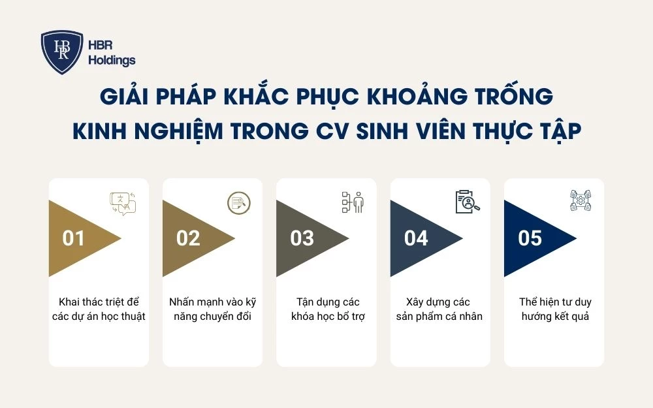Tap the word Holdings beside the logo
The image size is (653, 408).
[x=112, y=61]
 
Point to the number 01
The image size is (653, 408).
[x=74, y=238]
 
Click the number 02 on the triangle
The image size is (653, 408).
[x=188, y=238]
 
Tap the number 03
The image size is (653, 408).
[x=302, y=238]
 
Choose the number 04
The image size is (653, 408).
[x=416, y=238]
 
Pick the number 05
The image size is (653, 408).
[x=530, y=238]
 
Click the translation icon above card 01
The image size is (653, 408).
[x=123, y=203]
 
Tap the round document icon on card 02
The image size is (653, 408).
[x=238, y=202]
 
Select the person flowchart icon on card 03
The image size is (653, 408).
[x=353, y=202]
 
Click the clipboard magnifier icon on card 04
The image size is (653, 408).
[x=466, y=202]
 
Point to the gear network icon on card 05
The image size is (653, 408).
[x=581, y=201]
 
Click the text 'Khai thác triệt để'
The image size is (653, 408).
[x=99, y=302]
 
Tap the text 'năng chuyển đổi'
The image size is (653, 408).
[x=213, y=317]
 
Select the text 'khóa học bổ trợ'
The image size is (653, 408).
[x=326, y=317]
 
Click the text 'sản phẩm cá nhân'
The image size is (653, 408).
[x=441, y=317]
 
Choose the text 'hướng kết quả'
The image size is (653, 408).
[x=554, y=317]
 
